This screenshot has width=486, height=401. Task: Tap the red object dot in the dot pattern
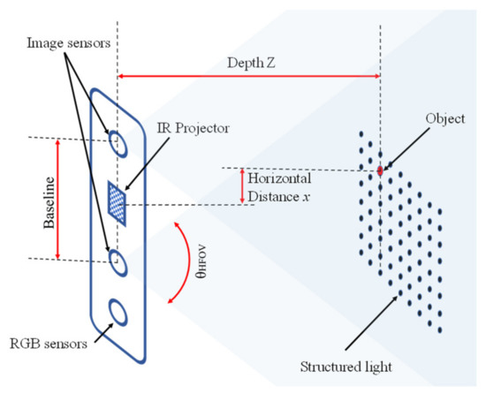coord(380,170)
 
